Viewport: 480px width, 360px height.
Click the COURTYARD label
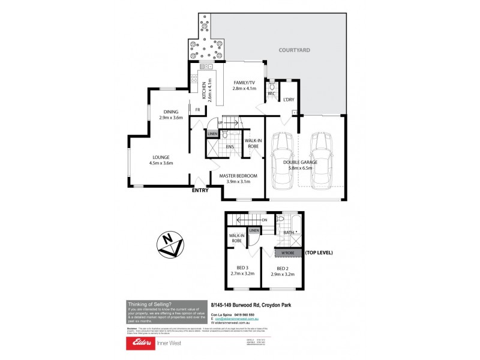click(x=294, y=50)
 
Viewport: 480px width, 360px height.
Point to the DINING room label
click(x=170, y=111)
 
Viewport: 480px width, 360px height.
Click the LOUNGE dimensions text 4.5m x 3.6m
click(x=161, y=163)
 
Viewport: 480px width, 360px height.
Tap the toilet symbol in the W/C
click(x=272, y=86)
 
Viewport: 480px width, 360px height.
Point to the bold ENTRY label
click(x=200, y=191)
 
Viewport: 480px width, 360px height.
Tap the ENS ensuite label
click(x=229, y=146)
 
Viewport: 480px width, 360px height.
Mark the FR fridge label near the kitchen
click(x=197, y=109)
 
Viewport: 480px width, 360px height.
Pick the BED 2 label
click(x=284, y=268)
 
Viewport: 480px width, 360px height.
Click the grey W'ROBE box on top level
click(x=288, y=253)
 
